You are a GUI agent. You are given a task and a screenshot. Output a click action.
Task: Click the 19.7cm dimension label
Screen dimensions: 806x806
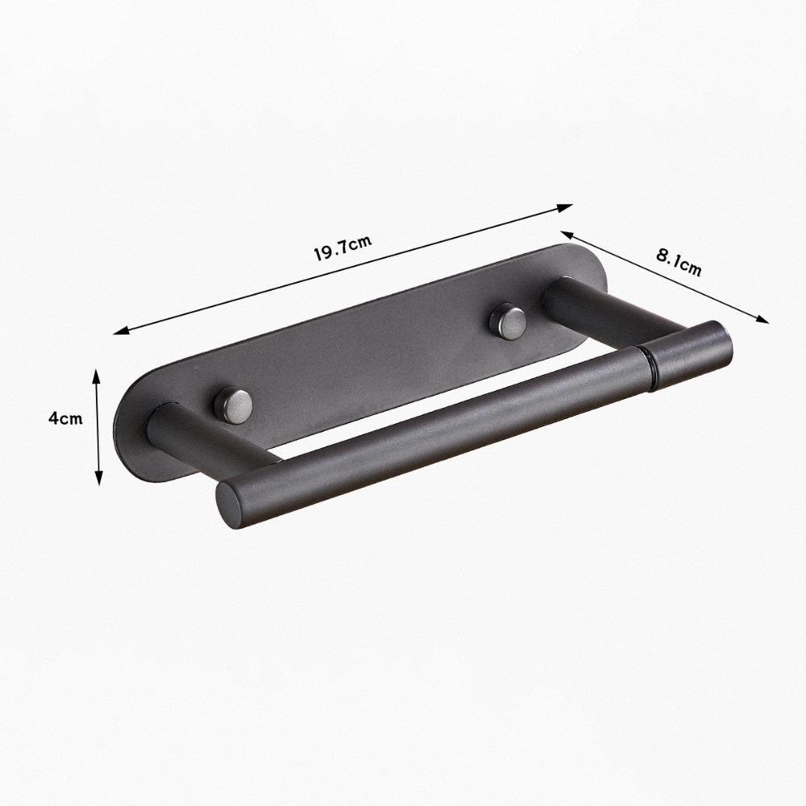tap(343, 247)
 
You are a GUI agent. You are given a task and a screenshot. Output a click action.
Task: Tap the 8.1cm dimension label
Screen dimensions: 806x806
tap(679, 262)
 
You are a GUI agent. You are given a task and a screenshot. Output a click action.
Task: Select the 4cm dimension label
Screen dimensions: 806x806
tap(65, 418)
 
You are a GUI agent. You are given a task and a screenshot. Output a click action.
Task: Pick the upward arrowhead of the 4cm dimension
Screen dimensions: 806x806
tap(96, 377)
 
